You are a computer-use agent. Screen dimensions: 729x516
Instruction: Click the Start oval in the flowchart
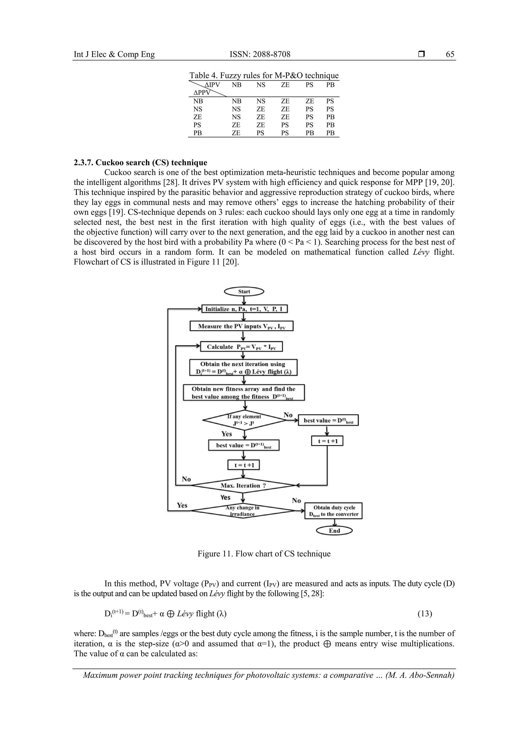coord(244,291)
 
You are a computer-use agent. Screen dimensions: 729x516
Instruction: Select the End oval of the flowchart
coord(334,530)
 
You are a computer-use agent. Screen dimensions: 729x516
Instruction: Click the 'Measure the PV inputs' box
coord(241,326)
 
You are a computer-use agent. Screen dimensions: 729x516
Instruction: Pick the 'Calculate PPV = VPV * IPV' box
coord(241,347)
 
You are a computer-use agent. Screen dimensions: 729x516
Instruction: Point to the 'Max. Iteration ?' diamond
coord(243,485)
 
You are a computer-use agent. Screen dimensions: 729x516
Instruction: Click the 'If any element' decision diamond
coord(244,420)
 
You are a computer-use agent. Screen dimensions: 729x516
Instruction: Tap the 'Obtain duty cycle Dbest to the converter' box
coord(333,511)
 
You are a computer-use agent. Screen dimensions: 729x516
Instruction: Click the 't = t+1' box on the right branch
coord(327,441)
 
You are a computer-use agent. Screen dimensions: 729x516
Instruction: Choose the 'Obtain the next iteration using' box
coord(243,368)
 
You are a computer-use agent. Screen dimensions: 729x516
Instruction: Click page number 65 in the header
coord(450,54)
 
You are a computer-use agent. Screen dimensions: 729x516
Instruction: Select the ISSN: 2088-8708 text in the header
coord(260,54)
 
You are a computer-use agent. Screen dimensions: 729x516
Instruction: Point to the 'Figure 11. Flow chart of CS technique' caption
coord(264,554)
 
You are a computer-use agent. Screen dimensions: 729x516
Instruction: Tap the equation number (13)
coord(425,614)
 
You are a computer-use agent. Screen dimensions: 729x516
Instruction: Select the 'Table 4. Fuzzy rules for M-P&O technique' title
coord(264,75)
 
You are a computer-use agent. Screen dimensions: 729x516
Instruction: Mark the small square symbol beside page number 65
coord(422,54)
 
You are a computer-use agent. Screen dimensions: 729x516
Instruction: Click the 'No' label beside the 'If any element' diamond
coord(288,415)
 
